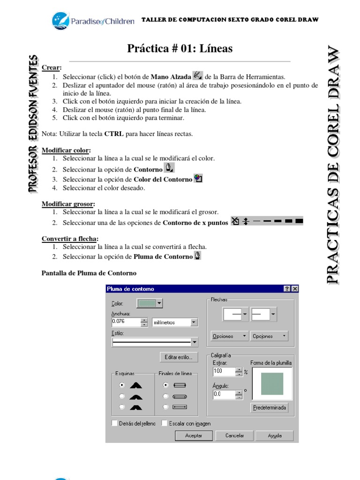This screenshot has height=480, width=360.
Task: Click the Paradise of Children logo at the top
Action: pyautogui.click(x=92, y=21)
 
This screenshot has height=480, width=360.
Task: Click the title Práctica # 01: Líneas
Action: pyautogui.click(x=180, y=48)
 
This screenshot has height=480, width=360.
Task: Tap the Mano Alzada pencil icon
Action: pyautogui.click(x=198, y=76)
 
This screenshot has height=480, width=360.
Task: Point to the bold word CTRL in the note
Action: pyautogui.click(x=114, y=134)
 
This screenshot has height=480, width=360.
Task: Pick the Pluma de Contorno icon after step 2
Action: pyautogui.click(x=198, y=256)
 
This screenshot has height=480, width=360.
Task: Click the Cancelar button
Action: pyautogui.click(x=235, y=435)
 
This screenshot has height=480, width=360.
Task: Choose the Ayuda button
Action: pyautogui.click(x=274, y=435)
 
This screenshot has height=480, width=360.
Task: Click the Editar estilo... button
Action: pyautogui.click(x=179, y=357)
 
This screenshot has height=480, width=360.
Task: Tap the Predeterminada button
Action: pyautogui.click(x=270, y=407)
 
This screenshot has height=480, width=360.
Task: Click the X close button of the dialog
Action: pyautogui.click(x=294, y=289)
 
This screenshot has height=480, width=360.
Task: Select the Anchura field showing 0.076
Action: pyautogui.click(x=126, y=322)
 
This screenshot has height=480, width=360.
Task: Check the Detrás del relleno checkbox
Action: pyautogui.click(x=114, y=423)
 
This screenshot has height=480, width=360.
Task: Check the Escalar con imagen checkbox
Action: pyautogui.click(x=164, y=423)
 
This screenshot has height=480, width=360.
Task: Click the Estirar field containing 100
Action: pyautogui.click(x=224, y=371)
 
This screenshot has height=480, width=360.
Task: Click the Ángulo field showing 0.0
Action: pyautogui.click(x=224, y=394)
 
